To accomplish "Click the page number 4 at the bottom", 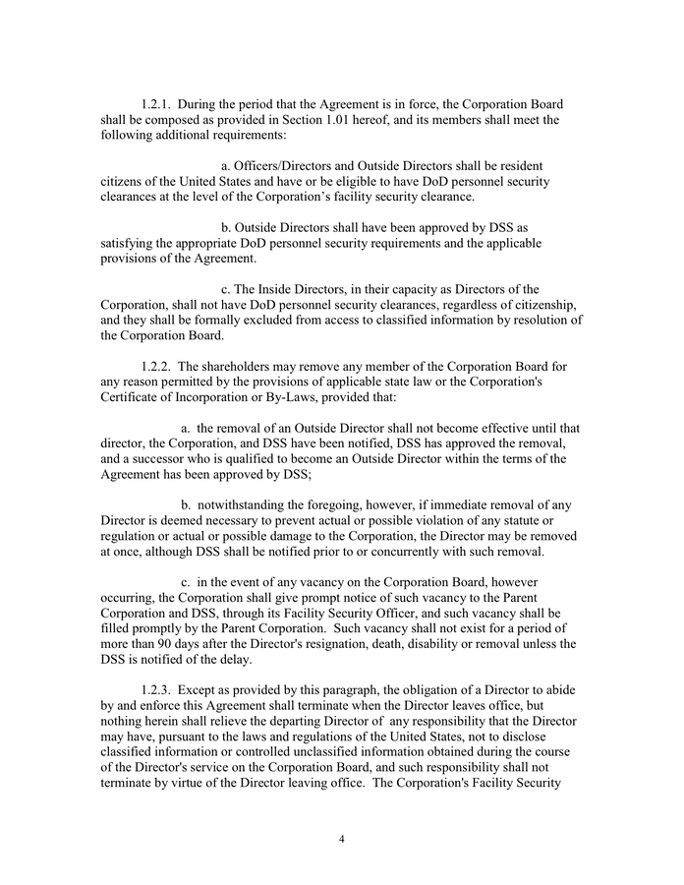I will (x=341, y=839).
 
